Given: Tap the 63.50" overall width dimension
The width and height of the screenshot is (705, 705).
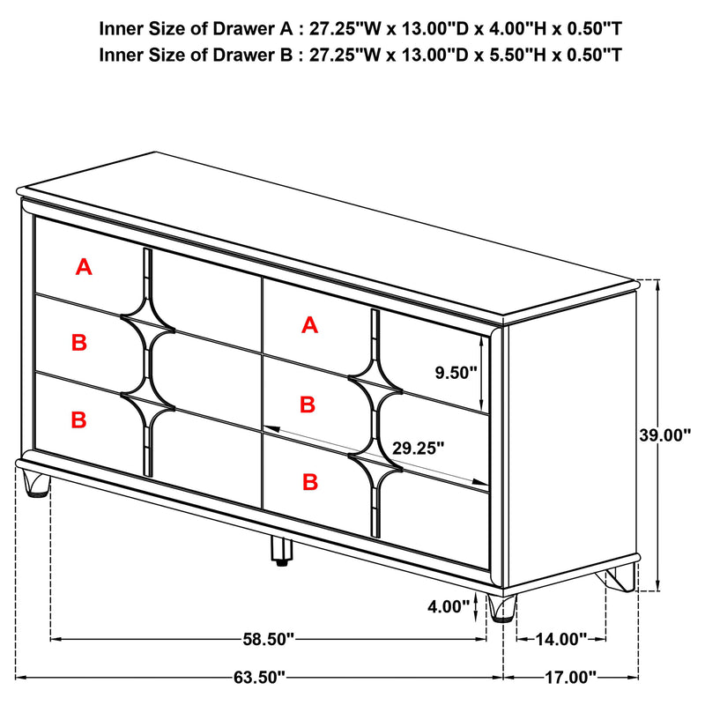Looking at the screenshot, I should (260, 678).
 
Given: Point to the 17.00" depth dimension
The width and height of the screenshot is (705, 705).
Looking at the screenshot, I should (571, 678).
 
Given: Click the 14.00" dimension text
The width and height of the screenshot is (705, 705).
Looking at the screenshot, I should (561, 638).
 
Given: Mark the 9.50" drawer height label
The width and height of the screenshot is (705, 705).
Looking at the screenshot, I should (456, 373).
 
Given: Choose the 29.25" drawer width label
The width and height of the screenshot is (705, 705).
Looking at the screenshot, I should (420, 448).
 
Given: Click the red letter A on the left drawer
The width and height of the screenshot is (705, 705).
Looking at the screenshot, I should (84, 266).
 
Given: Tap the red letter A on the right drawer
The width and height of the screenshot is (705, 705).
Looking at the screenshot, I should (309, 325).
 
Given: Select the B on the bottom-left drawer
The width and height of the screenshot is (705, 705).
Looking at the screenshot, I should (79, 419).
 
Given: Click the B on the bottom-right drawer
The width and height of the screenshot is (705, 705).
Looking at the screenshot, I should (309, 481).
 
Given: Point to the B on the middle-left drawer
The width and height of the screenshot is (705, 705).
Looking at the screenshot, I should (79, 343).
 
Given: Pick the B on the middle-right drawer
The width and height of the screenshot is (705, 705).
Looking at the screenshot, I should (308, 404).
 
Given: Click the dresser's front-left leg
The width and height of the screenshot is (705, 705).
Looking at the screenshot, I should (36, 484).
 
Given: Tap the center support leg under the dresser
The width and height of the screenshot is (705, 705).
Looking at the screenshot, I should (281, 550).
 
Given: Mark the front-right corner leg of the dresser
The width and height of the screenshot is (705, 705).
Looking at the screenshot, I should (502, 608).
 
